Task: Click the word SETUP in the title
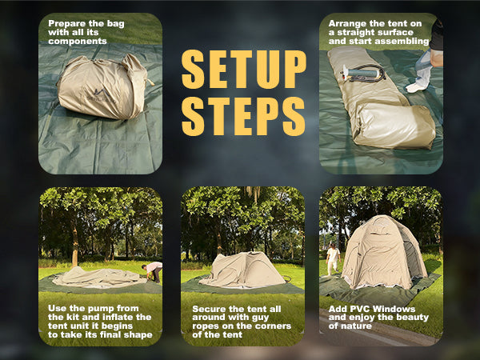(243, 70)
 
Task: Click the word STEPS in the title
(243, 116)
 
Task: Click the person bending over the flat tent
(153, 270)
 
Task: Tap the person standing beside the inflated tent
(333, 258)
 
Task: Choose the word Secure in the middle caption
(210, 306)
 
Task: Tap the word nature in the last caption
(355, 326)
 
